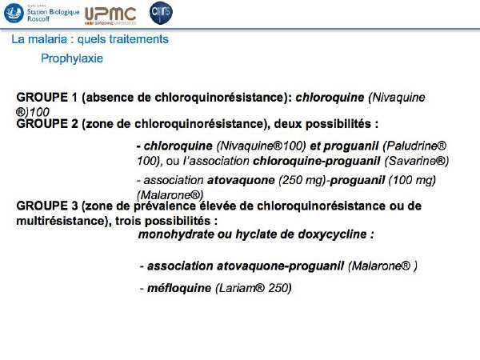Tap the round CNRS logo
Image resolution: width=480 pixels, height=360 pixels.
coord(161,13)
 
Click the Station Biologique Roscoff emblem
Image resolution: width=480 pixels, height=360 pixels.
coord(14,14)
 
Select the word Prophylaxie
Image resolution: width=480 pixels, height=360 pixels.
coord(72,58)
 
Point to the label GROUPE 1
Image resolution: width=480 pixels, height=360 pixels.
coord(47,98)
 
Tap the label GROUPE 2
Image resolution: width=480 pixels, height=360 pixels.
coord(47,124)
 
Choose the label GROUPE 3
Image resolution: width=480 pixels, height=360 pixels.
coord(47,206)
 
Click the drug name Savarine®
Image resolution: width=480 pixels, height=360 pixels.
coord(417,161)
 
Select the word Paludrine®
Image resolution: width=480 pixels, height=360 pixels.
coord(414,146)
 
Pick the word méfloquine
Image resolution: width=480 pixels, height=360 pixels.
coord(179,288)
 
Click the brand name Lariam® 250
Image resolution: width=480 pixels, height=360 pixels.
coord(254,288)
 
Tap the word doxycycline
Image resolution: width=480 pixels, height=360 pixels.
coord(333,234)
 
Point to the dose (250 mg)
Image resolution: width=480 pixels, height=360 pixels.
coord(302,180)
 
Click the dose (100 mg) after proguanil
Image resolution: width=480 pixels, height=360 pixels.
coord(412,180)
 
